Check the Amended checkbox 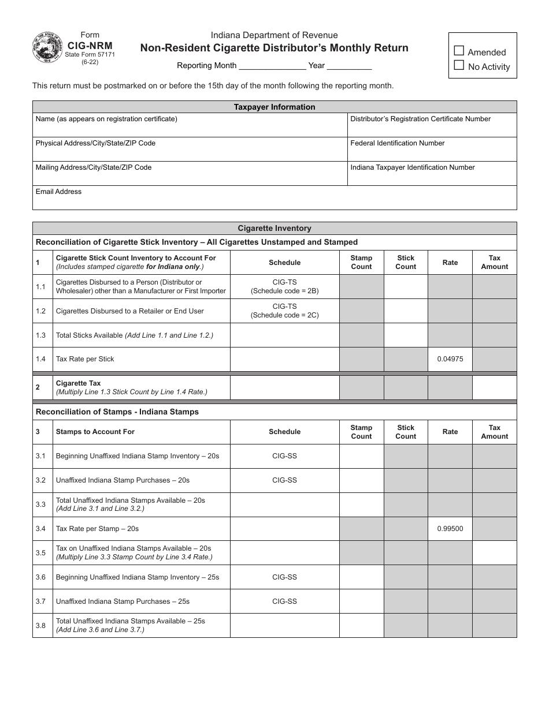point(459,51)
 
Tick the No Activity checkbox point(459,65)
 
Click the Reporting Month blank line point(272,66)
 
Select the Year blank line point(350,66)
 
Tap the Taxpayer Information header point(274,107)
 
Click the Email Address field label point(58,192)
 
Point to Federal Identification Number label point(398,143)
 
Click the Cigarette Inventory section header point(274,228)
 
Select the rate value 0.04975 point(450,359)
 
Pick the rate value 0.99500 point(450,529)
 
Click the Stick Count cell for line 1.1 point(406,286)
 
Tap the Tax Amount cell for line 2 point(495,387)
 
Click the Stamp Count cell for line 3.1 point(361,456)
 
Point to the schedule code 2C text point(284,315)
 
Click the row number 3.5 point(40,553)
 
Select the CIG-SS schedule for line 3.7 point(284,601)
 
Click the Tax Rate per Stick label point(85,359)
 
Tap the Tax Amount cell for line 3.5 point(495,553)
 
